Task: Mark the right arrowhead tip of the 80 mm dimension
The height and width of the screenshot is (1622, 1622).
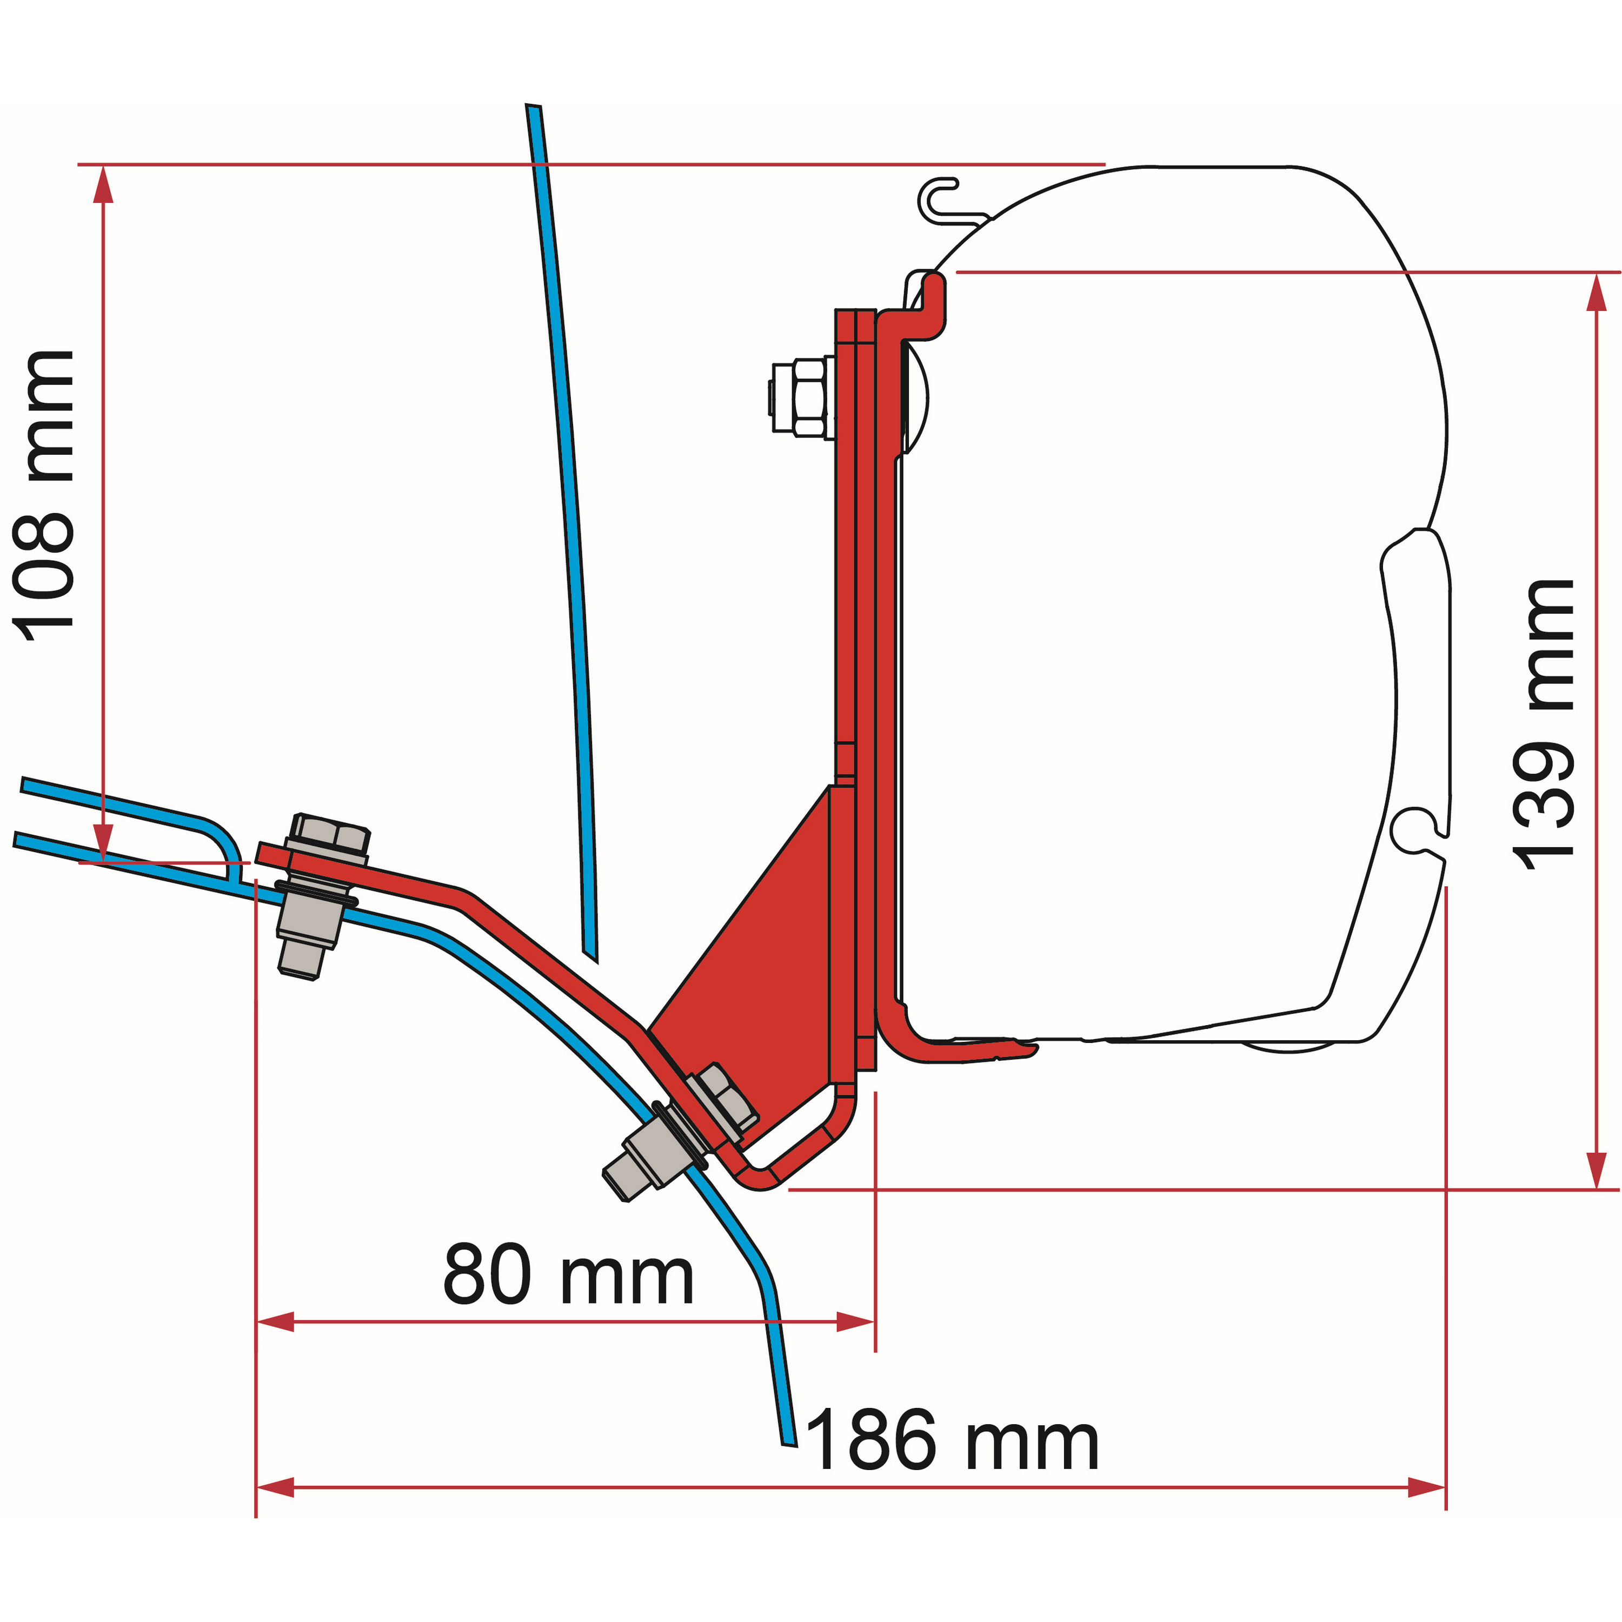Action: coord(874,1322)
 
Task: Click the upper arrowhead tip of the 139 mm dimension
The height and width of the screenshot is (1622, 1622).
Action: coord(1597,274)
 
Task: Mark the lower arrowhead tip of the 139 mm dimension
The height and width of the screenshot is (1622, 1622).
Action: coord(1597,1188)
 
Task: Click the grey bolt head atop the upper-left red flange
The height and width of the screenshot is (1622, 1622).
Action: coord(330,835)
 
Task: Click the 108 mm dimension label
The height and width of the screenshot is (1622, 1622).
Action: coord(44,495)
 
